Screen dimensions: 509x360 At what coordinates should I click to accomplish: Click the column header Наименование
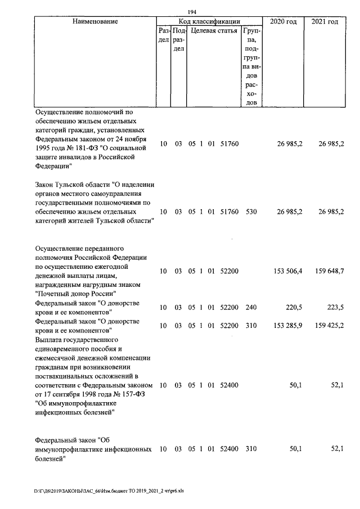[95, 21]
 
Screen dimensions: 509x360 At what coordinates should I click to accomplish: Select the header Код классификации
[209, 21]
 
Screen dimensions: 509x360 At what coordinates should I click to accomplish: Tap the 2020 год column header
[284, 21]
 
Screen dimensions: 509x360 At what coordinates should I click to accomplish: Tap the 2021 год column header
[325, 21]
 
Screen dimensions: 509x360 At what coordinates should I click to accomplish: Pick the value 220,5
[295, 308]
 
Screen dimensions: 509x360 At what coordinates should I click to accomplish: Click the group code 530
[251, 212]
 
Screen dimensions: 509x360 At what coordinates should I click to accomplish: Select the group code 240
[251, 308]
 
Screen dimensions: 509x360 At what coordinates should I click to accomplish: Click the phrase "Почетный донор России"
[76, 294]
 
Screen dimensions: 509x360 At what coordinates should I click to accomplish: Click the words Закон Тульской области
[72, 184]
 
